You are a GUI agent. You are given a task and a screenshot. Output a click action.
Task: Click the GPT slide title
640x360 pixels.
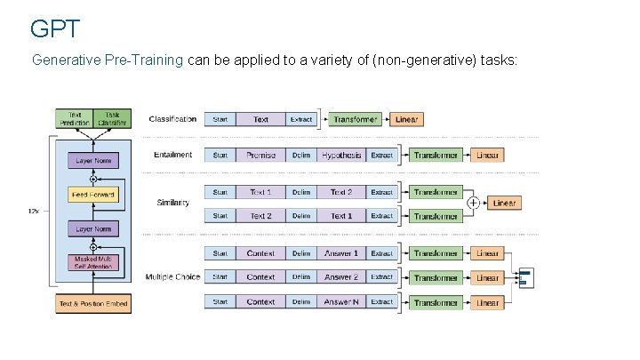(x=55, y=29)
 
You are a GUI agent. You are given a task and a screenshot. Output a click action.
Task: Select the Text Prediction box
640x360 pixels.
(x=74, y=118)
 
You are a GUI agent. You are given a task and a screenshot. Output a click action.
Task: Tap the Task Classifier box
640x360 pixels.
(x=112, y=118)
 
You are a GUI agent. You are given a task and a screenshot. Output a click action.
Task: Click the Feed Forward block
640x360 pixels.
(x=92, y=194)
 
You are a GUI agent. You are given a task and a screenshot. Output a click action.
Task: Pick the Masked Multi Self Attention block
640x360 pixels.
(x=92, y=264)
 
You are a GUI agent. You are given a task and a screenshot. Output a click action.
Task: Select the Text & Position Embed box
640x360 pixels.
(x=92, y=304)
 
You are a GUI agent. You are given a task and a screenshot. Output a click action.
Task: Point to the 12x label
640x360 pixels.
(x=34, y=212)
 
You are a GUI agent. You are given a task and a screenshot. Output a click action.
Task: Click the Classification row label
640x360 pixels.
(x=172, y=119)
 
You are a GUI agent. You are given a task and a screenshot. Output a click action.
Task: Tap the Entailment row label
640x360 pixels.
(x=172, y=155)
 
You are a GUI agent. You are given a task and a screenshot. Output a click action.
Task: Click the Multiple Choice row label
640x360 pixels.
(x=172, y=277)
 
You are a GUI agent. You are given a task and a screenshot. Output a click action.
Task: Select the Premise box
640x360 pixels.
(x=260, y=155)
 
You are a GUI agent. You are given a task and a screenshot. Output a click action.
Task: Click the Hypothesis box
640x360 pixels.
(x=341, y=155)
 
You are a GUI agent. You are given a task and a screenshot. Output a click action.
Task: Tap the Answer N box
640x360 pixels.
(x=341, y=302)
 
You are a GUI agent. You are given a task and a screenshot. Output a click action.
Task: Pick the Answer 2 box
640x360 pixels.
(x=341, y=277)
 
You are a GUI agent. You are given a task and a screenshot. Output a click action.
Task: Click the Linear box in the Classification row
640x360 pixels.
(x=406, y=119)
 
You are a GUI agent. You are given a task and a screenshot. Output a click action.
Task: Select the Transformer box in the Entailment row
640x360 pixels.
(x=436, y=155)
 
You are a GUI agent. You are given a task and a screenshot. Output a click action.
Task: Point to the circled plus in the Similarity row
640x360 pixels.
(x=473, y=204)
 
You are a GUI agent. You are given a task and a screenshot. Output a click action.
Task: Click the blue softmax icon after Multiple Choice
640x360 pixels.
(x=524, y=277)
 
